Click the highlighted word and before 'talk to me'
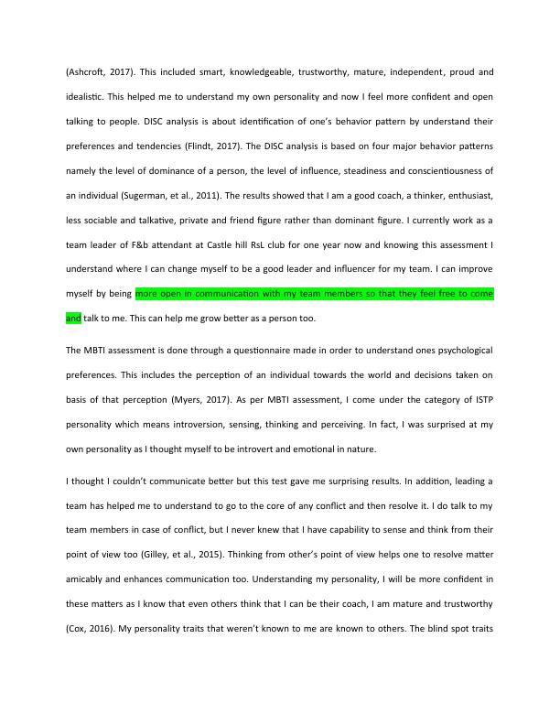coord(73,319)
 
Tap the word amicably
coord(91,579)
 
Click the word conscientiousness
coord(439,169)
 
